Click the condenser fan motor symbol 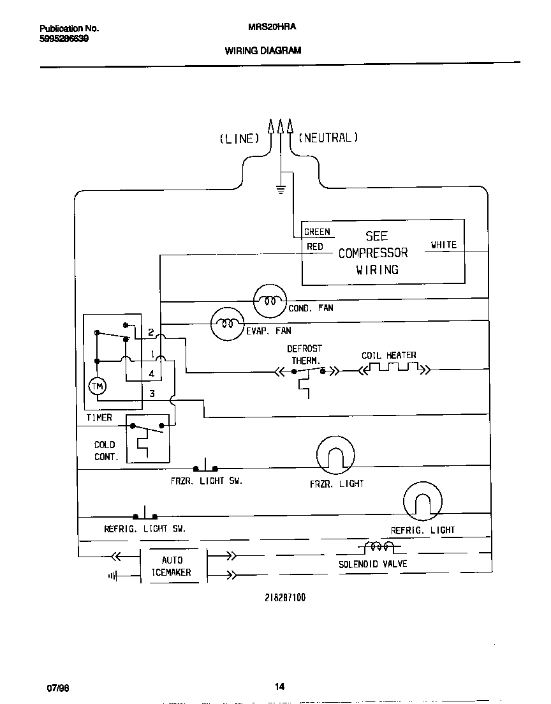click(271, 300)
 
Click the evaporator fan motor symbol click(228, 324)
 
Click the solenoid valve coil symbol click(379, 547)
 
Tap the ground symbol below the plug click(279, 188)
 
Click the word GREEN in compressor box click(317, 232)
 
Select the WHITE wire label click(443, 244)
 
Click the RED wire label click(315, 247)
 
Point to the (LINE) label click(239, 139)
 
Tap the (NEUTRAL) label click(328, 137)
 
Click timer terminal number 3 click(152, 394)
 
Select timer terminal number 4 click(152, 373)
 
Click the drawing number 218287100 click(284, 598)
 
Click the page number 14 click(279, 687)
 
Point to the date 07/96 click(57, 688)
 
